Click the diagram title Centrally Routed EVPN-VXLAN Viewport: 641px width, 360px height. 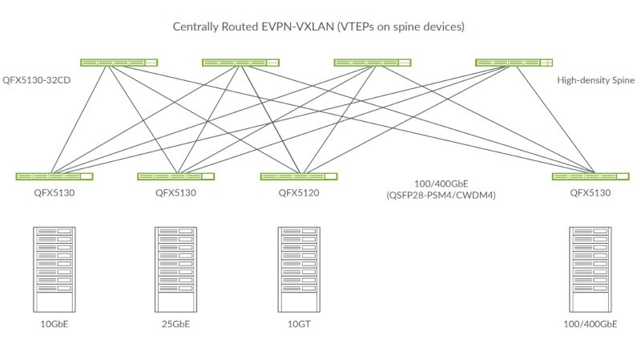coord(319,26)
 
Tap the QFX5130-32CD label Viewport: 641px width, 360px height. coord(36,80)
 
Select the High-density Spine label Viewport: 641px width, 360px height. coord(595,80)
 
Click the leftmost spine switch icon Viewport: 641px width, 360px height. coord(119,63)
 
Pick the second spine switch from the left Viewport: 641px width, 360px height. coord(240,63)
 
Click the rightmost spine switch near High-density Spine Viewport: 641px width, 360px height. coord(514,63)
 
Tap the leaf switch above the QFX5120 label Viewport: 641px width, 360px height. coord(298,176)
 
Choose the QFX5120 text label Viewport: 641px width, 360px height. coord(298,192)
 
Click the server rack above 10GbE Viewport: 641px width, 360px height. coord(53,269)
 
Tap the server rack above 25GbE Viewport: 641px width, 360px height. coord(175,269)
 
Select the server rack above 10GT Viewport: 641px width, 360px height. coord(298,269)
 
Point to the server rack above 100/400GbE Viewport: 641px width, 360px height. coord(591,269)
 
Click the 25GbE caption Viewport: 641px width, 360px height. coord(175,324)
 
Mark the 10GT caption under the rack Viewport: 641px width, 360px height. coord(298,324)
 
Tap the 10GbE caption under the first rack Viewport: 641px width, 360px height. coord(53,324)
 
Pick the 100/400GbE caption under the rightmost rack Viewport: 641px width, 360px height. coord(591,324)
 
